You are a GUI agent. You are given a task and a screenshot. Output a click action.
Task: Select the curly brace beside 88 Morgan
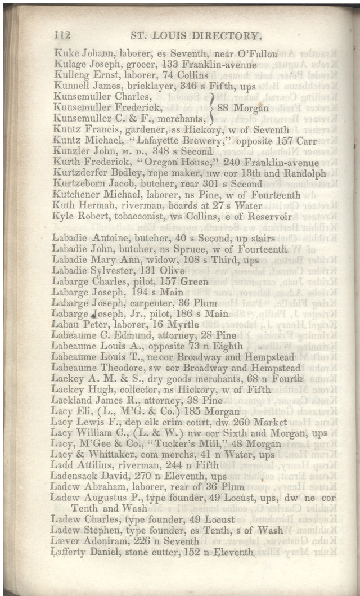point(211,107)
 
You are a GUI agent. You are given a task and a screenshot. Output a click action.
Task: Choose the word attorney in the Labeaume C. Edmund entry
point(164,335)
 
